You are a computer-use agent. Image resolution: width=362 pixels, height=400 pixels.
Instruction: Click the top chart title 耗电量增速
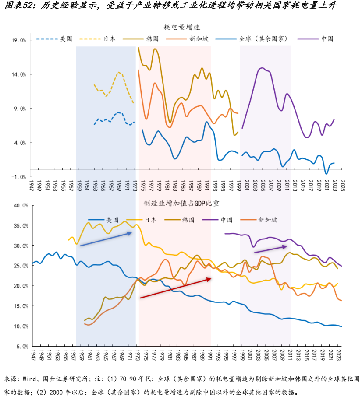click(x=183, y=27)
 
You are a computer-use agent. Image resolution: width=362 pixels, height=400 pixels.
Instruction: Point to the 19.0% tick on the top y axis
click(x=19, y=40)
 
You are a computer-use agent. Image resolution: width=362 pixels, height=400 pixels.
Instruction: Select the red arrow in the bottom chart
click(x=175, y=288)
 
